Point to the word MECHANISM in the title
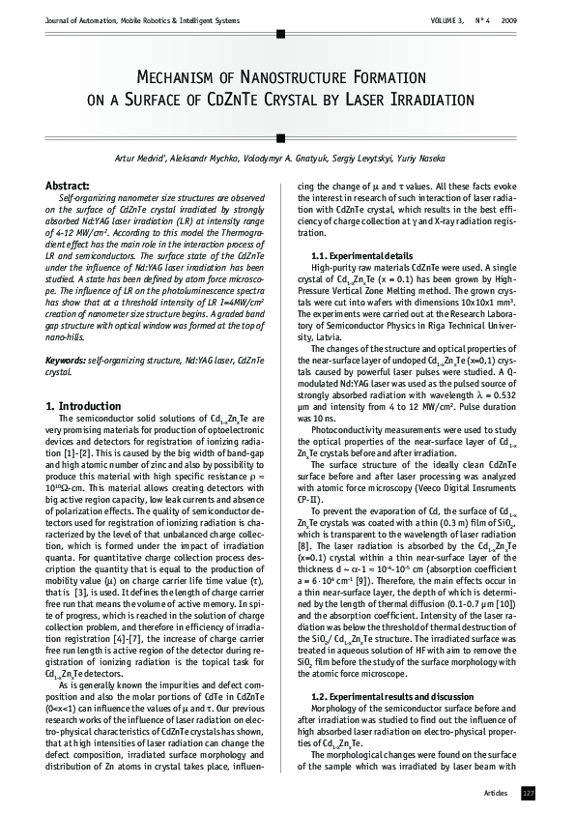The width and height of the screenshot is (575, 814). click(x=189, y=76)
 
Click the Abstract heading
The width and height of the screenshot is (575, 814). click(x=69, y=185)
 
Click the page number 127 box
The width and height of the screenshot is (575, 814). click(x=528, y=793)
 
